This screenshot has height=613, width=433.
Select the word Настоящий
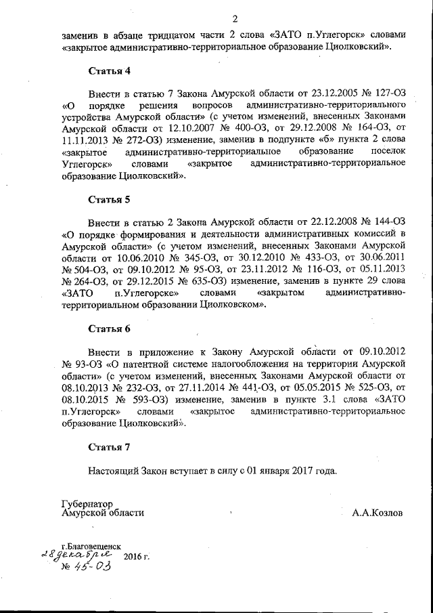click(x=114, y=470)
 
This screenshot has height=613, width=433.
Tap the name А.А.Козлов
click(x=377, y=513)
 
